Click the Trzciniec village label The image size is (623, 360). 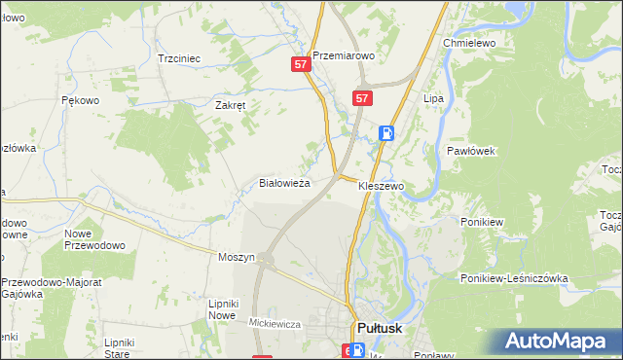(179, 58)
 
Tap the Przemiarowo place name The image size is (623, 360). (343, 55)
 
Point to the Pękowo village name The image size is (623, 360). (81, 99)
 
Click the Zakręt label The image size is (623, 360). (234, 106)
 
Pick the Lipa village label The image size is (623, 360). (433, 99)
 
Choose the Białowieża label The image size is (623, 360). (284, 182)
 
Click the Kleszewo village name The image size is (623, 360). (381, 185)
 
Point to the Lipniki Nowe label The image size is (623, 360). (223, 309)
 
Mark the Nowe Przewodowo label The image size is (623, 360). (94, 239)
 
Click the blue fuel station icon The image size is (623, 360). (386, 133)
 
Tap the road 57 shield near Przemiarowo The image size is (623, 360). (301, 64)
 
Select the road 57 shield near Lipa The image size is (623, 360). (362, 98)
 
